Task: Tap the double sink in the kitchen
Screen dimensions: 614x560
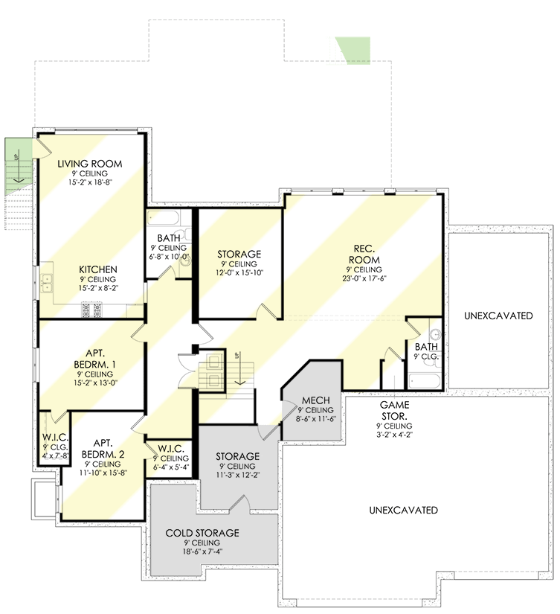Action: (48, 282)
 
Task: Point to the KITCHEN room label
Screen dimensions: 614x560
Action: (100, 269)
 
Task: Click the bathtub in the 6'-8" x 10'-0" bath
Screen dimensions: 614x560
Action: (164, 220)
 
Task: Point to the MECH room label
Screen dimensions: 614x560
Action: (315, 400)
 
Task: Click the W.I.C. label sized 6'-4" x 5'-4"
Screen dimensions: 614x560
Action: (170, 448)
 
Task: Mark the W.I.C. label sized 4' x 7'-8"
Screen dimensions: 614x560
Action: (55, 436)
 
